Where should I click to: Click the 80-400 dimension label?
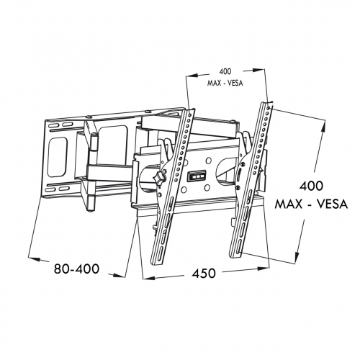76,269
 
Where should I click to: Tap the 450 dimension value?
204,274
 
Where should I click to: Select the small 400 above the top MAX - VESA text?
225,71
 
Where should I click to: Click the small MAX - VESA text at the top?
225,83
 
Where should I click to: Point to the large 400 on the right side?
311,186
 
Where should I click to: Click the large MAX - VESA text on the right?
311,204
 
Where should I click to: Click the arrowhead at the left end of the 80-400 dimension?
34,259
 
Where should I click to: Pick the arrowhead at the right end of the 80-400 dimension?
120,276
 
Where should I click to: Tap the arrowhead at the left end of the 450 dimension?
149,278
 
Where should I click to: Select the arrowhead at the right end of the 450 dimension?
264,268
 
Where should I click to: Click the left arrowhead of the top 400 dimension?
192,76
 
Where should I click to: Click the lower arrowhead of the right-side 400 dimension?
297,256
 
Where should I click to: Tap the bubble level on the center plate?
197,176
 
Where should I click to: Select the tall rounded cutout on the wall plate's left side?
58,157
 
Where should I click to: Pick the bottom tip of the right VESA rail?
234,257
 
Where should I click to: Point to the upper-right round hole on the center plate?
209,161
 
